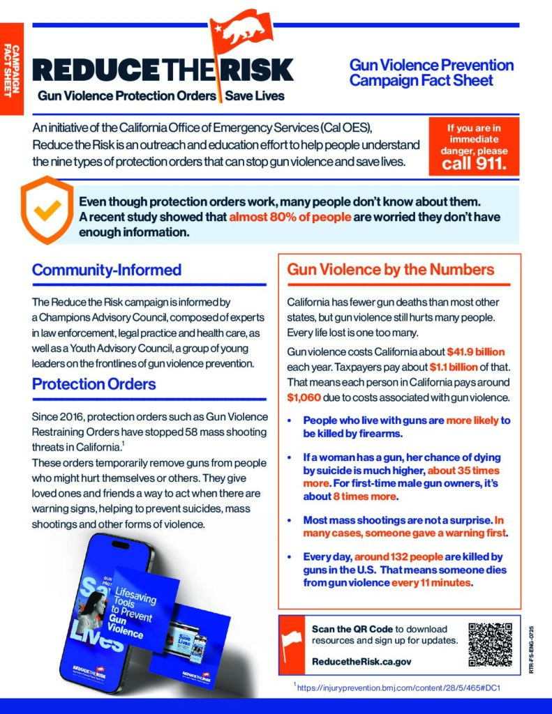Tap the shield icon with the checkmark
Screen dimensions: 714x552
47,208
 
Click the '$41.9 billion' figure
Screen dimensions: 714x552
476,352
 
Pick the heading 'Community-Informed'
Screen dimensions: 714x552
106,270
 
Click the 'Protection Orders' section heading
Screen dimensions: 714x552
94,384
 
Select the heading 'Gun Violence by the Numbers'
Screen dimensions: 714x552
391,270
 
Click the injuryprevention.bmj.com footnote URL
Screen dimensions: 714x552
399,688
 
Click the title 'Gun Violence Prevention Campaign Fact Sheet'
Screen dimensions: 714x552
431,73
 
